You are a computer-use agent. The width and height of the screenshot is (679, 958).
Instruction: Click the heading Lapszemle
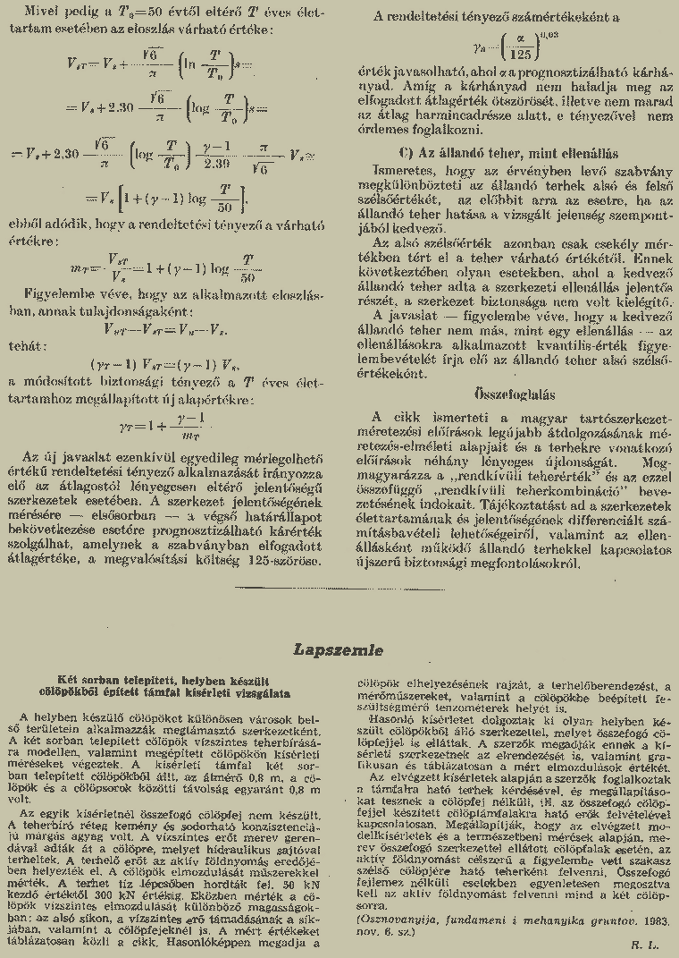coord(339,649)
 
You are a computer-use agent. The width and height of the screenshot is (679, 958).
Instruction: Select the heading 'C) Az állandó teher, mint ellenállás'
coord(509,154)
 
